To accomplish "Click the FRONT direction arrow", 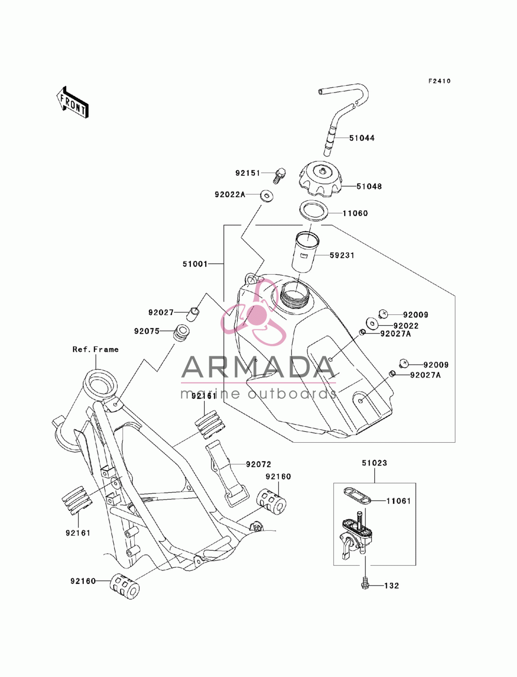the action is [72, 102].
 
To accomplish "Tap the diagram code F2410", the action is [439, 81].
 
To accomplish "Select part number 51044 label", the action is [361, 138].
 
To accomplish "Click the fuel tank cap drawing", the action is [321, 180].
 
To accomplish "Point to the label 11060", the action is [355, 213].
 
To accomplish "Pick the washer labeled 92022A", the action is [267, 195].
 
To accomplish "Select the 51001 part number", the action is [195, 264].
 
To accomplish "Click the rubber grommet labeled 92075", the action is [181, 332].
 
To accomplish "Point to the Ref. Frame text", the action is [96, 349].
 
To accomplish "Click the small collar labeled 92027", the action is [192, 313].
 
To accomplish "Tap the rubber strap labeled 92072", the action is [226, 473].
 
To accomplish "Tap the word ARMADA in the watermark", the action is [258, 367].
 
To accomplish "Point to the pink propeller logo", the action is [253, 312].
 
